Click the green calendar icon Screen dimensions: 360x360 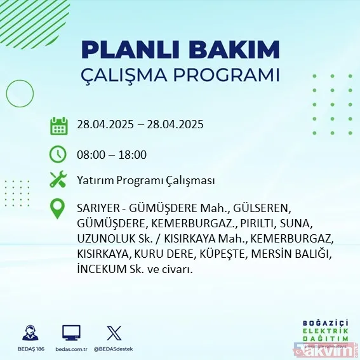[x=58, y=125]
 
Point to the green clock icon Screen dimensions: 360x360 [x=58, y=154]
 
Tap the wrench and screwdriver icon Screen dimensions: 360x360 [x=58, y=180]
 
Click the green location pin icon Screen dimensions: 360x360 [x=58, y=209]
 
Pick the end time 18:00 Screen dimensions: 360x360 [x=133, y=155]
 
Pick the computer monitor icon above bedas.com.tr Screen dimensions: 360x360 [x=70, y=333]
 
